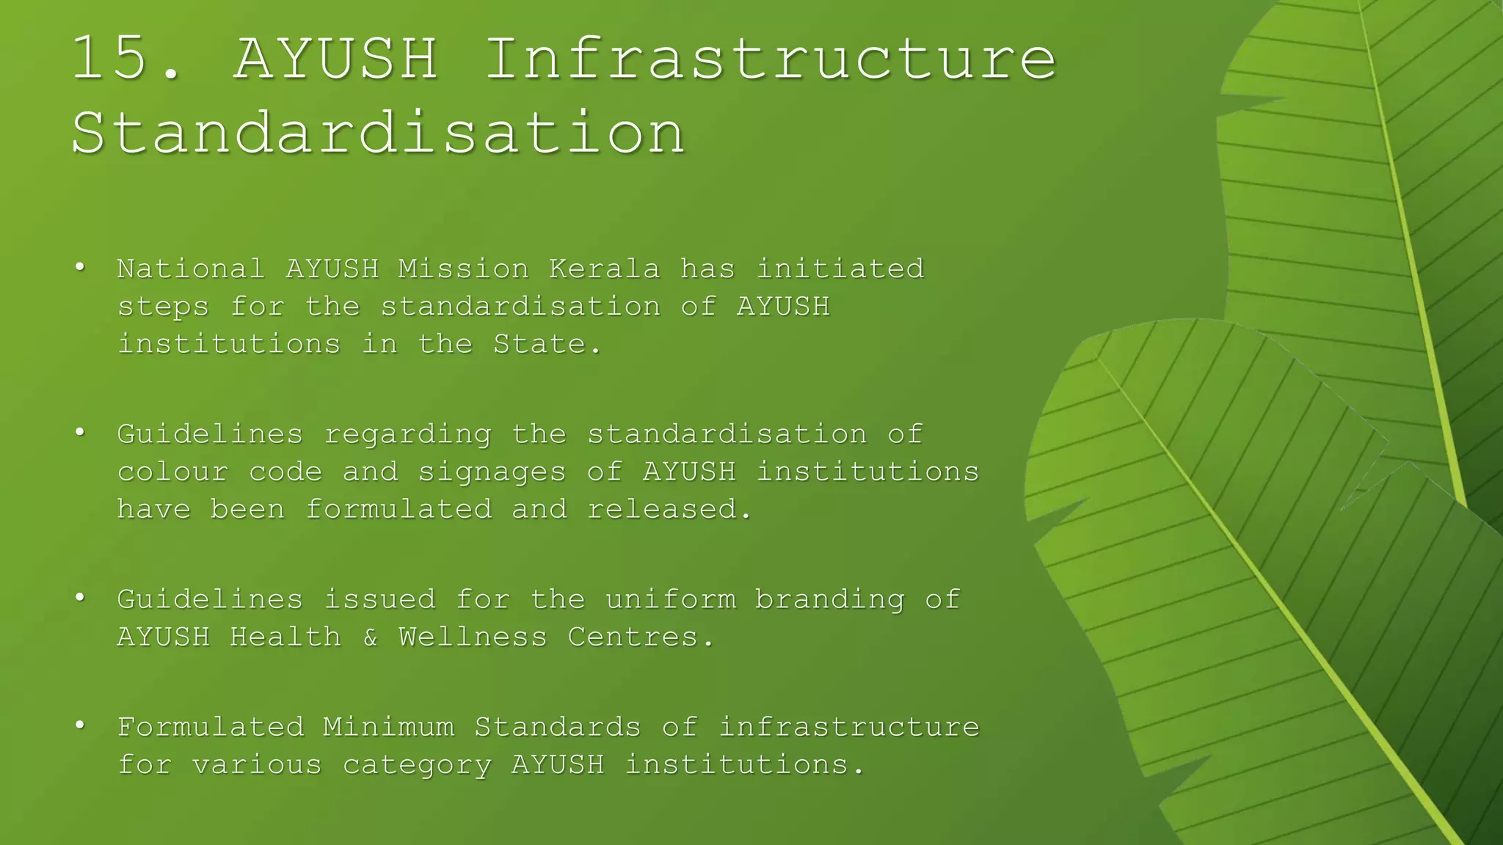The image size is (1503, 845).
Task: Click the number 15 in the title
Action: tap(112, 59)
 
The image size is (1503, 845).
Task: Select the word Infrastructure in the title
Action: tap(771, 59)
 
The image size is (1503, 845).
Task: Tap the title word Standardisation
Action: tap(379, 133)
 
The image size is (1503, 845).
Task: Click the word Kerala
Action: tap(604, 269)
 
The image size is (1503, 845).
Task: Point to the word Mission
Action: tap(463, 269)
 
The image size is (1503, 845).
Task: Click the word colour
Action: tap(172, 472)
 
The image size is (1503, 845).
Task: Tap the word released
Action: tap(669, 509)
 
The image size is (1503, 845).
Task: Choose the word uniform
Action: tap(670, 599)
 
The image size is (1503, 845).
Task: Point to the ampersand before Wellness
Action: tap(370, 637)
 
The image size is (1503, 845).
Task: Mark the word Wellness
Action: tap(473, 637)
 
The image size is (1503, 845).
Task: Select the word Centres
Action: tap(640, 637)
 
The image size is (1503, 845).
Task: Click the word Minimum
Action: tap(388, 727)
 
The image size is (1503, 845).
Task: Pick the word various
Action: tap(257, 765)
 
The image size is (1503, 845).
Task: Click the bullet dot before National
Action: tap(80, 267)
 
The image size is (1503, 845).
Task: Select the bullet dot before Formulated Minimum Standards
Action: tap(80, 725)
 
